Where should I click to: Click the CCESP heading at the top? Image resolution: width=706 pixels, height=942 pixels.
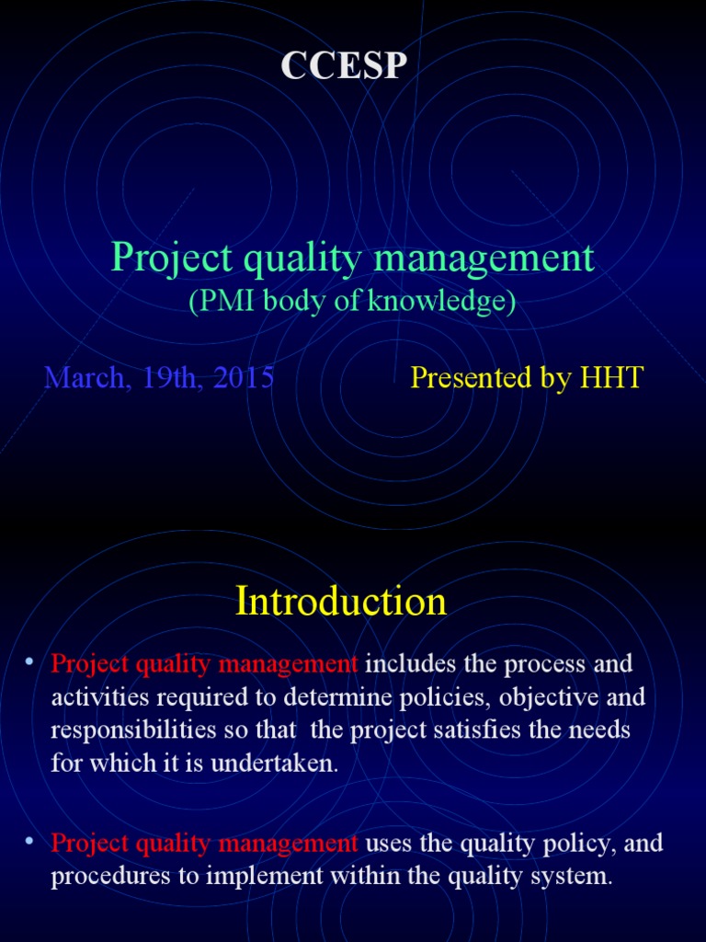coord(343,66)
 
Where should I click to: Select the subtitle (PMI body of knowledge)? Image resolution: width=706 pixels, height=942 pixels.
coord(352,302)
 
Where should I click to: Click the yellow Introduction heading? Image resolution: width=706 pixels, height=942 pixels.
coord(341,602)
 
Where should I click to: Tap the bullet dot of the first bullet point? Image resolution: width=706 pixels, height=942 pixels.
coord(29,661)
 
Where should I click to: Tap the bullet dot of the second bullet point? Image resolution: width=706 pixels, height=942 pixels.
coord(29,842)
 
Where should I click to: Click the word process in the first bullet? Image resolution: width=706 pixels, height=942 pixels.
coord(544,663)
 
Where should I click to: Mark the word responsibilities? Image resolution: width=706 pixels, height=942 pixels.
coord(127,730)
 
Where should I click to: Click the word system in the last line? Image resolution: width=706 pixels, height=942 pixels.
coord(573,877)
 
